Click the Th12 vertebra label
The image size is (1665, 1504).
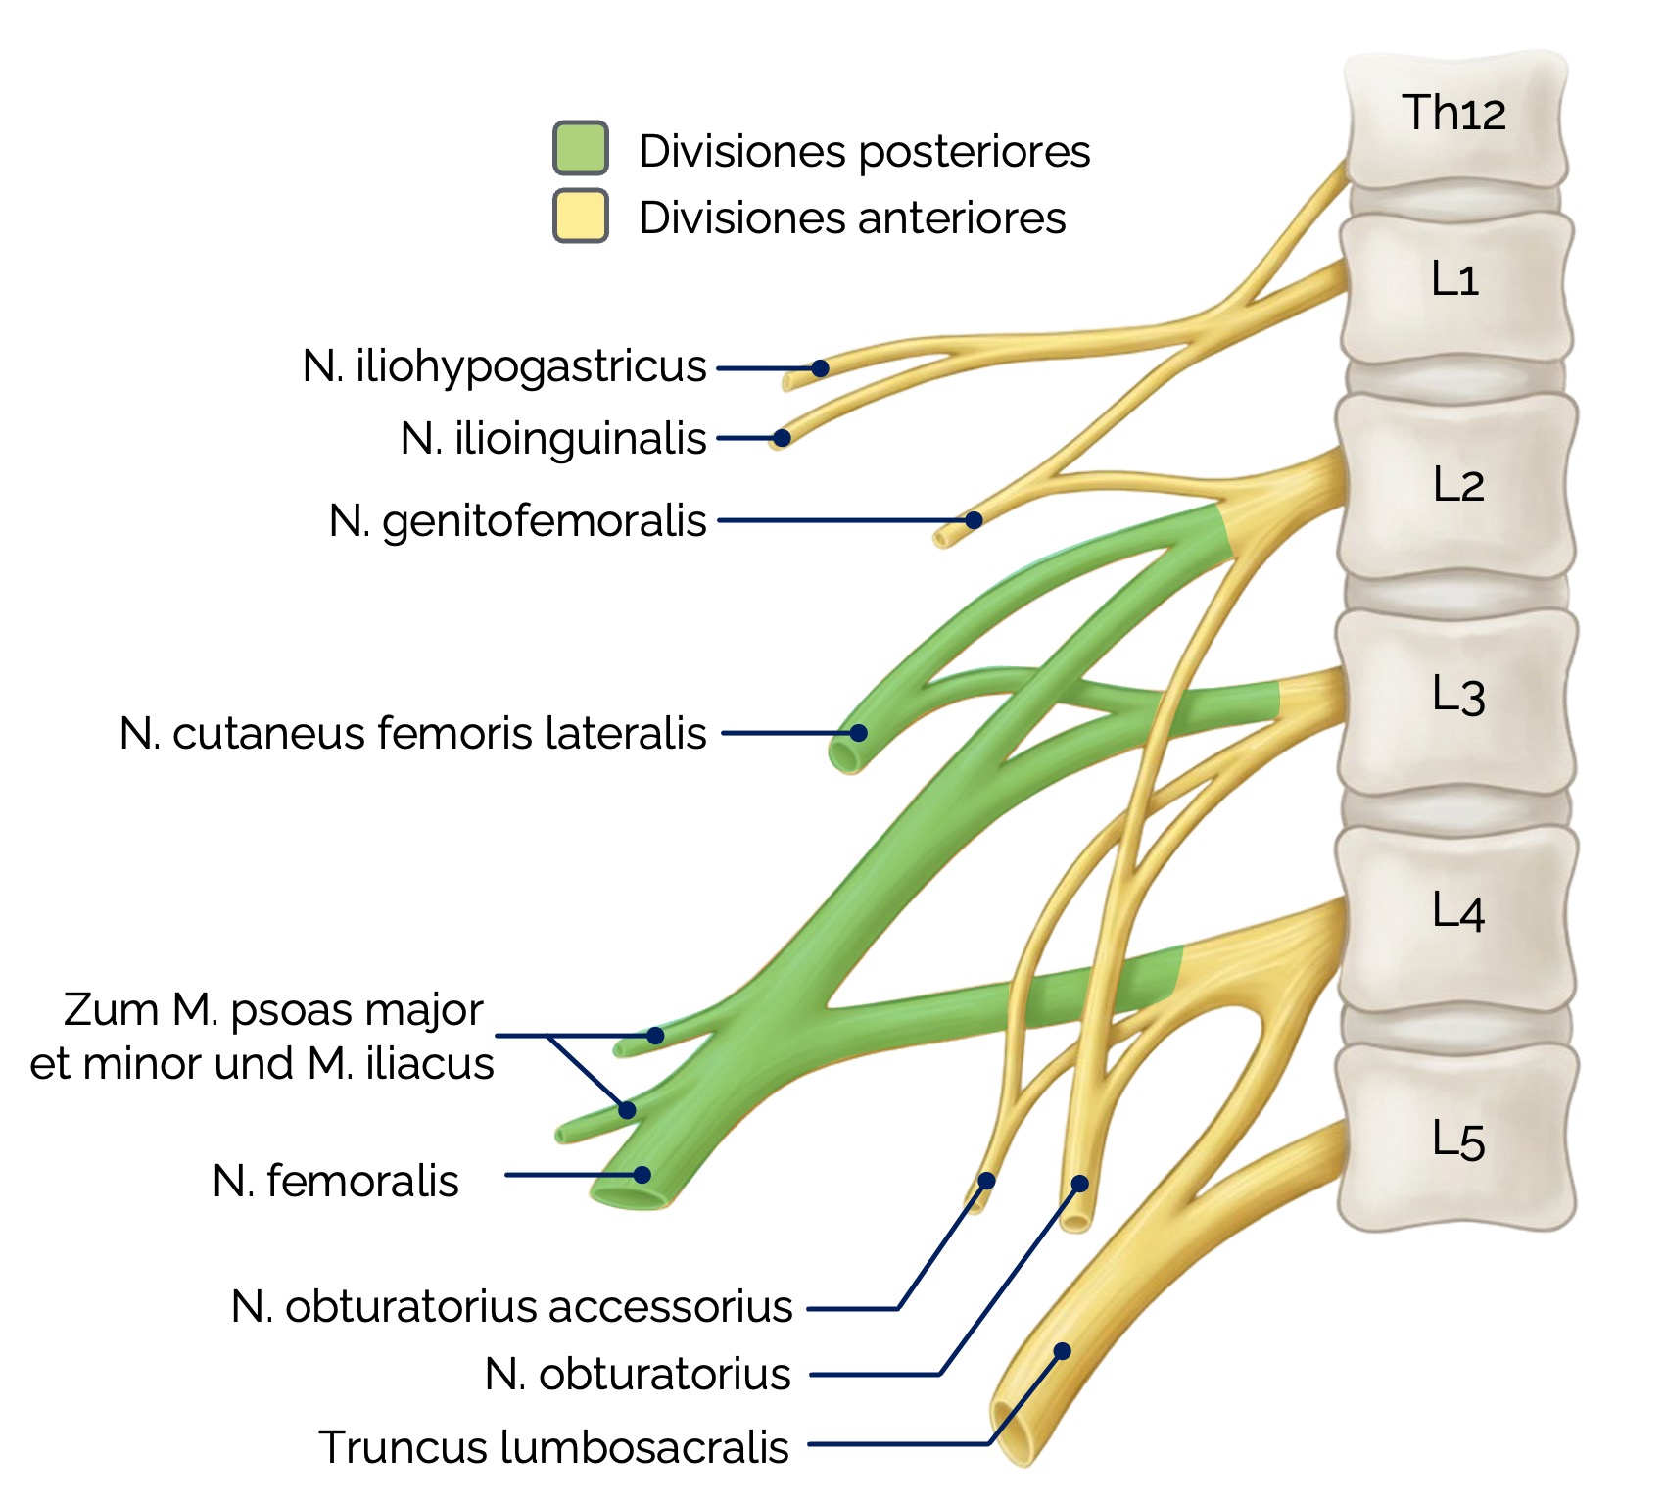1452,113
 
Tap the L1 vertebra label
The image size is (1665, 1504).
1453,279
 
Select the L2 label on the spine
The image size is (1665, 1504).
1457,485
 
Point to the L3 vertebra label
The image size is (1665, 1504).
1457,696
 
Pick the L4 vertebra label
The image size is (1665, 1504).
1457,911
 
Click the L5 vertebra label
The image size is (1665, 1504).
1457,1140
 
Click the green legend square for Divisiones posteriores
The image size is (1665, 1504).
581,149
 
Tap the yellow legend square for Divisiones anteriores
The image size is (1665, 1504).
581,216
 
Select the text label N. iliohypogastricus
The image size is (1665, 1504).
504,366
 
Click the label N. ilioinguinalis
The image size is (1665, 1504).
553,438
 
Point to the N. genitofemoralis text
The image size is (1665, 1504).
517,520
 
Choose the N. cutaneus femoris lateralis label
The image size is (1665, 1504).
412,733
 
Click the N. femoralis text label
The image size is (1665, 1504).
335,1181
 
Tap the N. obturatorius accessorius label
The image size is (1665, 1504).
511,1306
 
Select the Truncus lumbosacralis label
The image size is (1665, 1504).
553,1447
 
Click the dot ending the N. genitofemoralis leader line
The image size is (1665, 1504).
974,520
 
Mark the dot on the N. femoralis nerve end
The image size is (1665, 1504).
642,1175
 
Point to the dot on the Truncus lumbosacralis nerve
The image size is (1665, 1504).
1062,1351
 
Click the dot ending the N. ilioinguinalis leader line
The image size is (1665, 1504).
782,438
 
